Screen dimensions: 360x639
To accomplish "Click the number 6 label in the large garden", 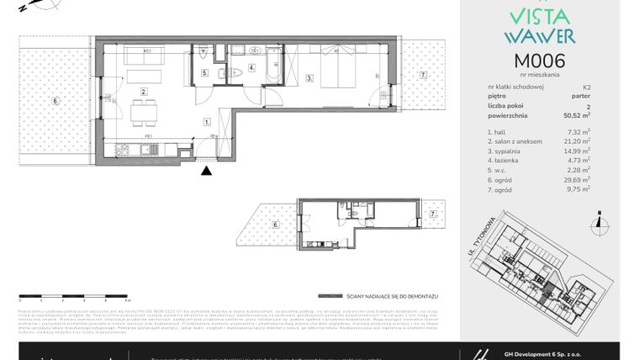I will [55, 101].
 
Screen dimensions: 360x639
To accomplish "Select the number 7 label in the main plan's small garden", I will [424, 75].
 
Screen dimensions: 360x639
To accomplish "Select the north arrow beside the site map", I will [596, 221].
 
